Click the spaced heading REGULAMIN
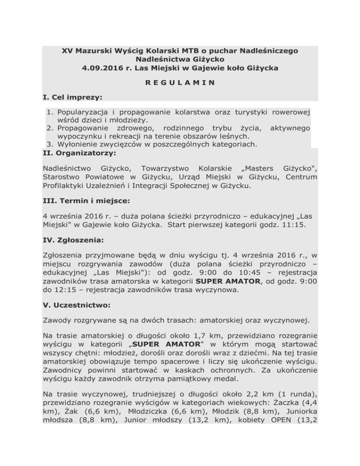pos(180,83)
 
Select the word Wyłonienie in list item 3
pos(78,144)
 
